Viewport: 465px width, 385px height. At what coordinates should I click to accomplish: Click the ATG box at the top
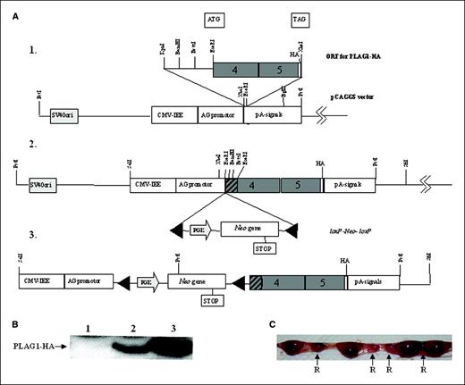214,17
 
